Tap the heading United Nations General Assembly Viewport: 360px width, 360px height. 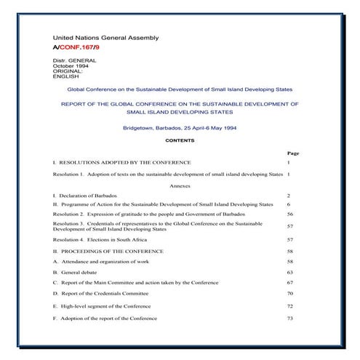coord(105,37)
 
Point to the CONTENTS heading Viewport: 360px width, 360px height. coord(180,140)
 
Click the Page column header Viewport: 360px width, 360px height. coord(292,153)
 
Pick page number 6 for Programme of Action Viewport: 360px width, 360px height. coord(289,204)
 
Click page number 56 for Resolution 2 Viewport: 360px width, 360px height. coord(289,215)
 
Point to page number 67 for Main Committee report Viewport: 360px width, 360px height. coord(289,281)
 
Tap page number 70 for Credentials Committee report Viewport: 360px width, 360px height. coord(289,293)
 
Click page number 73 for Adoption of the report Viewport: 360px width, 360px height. coord(289,318)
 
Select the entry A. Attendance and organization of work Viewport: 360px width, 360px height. coord(105,260)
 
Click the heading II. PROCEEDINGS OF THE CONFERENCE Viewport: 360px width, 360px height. coord(113,250)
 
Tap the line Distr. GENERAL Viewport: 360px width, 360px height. coord(75,60)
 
